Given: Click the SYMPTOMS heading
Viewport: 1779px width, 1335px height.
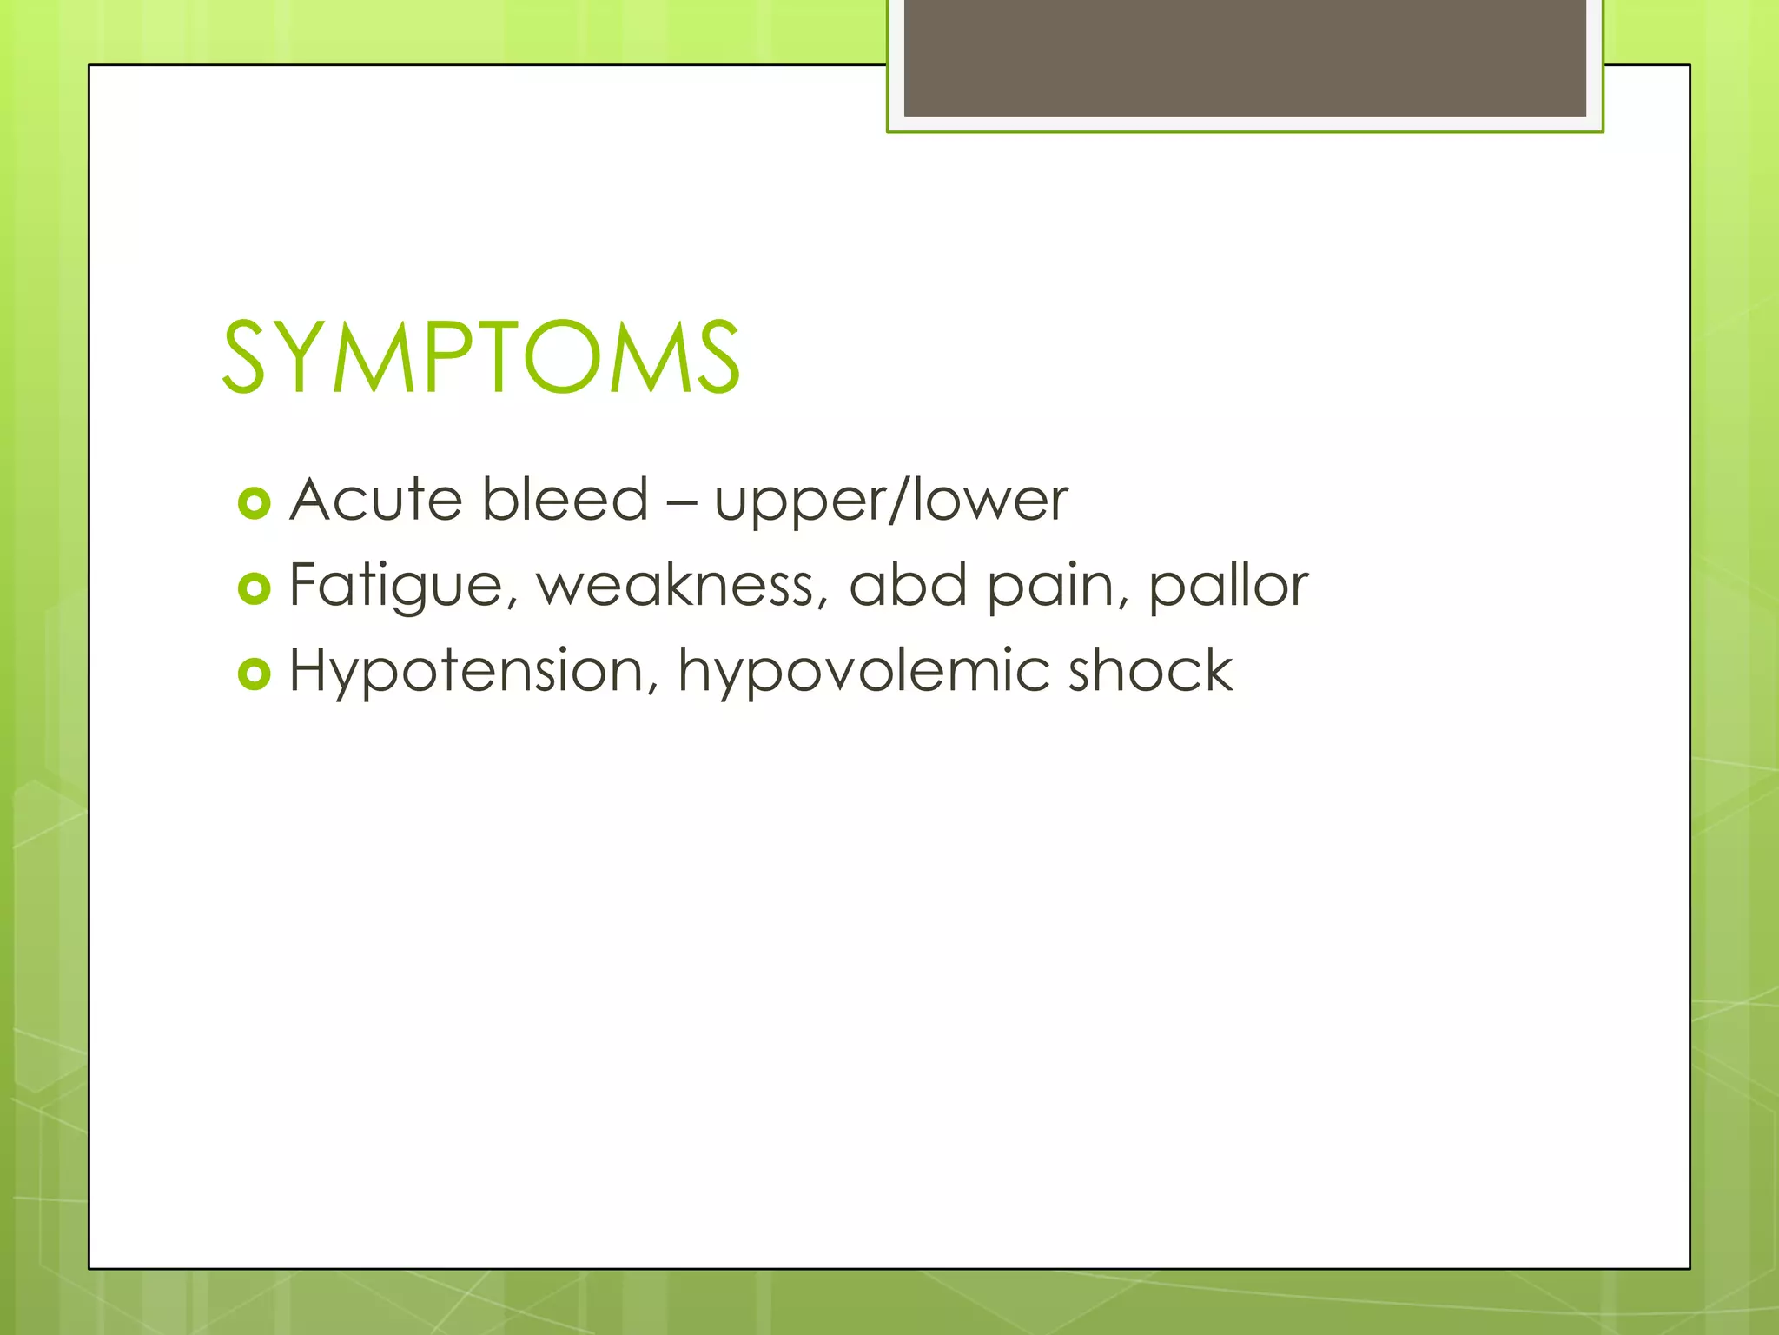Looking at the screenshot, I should (481, 356).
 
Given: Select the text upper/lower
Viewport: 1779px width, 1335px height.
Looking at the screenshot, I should (890, 502).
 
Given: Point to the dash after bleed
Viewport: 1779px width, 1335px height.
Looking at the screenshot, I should (681, 502).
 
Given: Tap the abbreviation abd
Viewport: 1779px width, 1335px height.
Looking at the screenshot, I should (907, 584).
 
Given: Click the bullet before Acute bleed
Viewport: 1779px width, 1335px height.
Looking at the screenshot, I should (254, 503).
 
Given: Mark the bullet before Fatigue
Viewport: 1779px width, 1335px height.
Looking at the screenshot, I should (254, 588).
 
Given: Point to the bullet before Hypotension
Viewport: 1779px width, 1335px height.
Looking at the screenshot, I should (254, 674).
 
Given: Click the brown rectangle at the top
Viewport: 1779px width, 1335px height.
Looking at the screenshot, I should (1244, 57).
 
